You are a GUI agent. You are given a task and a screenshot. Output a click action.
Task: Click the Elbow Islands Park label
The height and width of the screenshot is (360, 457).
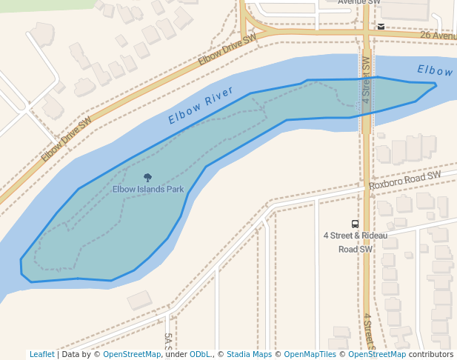tap(148, 189)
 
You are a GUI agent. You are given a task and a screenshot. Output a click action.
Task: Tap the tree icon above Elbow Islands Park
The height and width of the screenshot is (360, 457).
tap(147, 178)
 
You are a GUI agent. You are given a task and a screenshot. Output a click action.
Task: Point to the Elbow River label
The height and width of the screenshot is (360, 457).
tap(201, 106)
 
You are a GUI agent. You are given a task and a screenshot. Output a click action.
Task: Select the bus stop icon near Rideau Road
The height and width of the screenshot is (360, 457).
tap(356, 224)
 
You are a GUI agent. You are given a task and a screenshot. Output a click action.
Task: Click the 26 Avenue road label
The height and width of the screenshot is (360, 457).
tap(438, 35)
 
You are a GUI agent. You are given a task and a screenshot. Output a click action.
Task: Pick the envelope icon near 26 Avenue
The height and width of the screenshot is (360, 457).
tap(381, 27)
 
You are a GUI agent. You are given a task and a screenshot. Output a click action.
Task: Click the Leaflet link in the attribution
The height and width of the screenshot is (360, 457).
tap(41, 354)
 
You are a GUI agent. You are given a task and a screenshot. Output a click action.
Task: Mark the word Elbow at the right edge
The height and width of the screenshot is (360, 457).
tap(435, 70)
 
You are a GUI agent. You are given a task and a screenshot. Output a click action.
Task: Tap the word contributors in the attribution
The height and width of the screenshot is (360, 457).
tap(431, 354)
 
